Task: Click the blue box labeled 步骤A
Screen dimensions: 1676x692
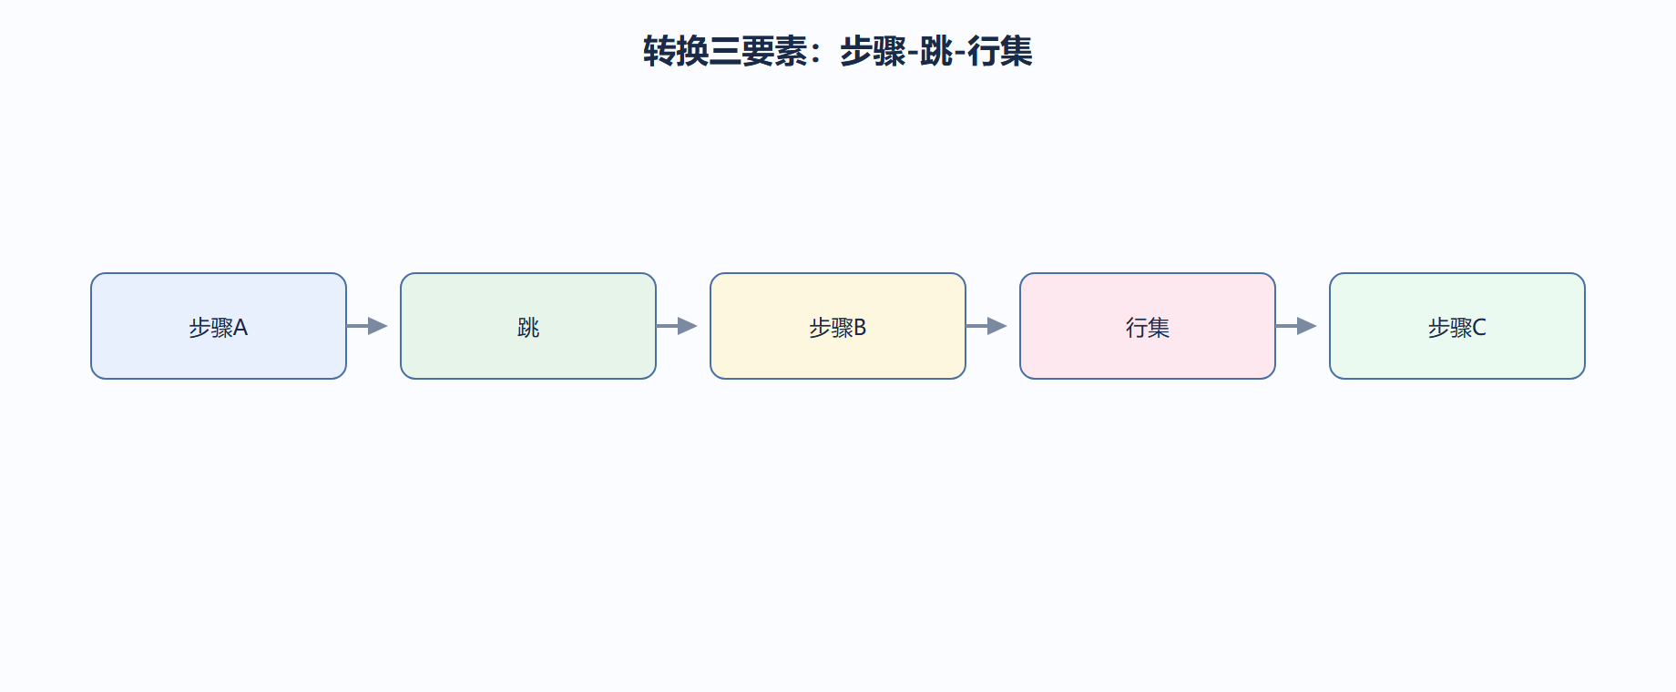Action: pos(219,326)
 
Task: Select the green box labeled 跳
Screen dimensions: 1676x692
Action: pos(528,326)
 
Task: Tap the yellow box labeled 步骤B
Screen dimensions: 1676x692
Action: pos(838,326)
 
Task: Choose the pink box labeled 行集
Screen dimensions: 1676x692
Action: pos(1148,326)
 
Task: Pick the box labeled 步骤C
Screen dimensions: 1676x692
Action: pos(1457,326)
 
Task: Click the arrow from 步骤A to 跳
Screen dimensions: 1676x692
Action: pos(367,326)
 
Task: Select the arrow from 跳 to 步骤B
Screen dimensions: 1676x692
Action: pos(677,326)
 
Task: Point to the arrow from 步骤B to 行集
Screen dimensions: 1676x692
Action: pos(986,326)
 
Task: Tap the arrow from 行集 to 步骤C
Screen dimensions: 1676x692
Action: pos(1296,326)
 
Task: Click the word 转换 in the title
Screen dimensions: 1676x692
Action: pos(676,51)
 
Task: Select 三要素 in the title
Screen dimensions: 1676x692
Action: pos(758,51)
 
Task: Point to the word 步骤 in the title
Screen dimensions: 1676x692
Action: pos(873,51)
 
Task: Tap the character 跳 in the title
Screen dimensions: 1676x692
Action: pos(936,51)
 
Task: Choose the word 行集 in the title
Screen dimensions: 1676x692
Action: pos(1000,51)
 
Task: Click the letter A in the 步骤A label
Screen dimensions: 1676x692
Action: pos(240,328)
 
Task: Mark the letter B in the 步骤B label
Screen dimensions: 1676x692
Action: pos(860,328)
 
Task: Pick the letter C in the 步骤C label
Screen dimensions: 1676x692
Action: pos(1479,328)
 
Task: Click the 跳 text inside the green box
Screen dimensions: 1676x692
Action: pos(528,328)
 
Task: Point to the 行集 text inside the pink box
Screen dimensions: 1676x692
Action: pos(1148,328)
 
